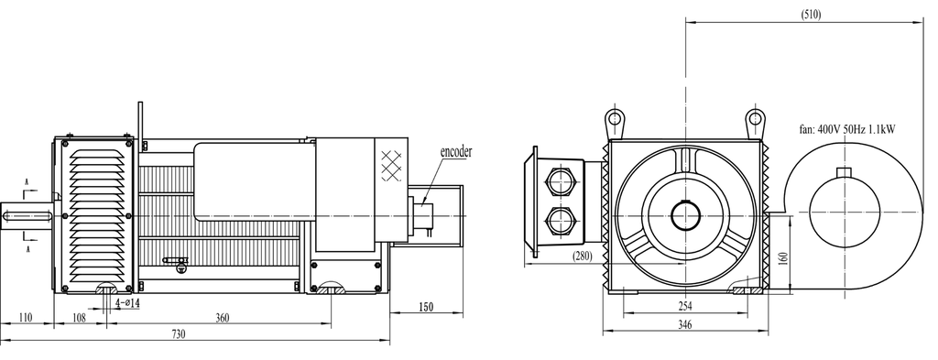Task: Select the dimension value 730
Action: click(179, 334)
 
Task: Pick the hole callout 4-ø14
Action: click(121, 303)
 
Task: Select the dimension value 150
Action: click(426, 307)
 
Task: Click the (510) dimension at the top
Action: click(811, 15)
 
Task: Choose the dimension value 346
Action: click(684, 325)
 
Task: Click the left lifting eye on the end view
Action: click(614, 119)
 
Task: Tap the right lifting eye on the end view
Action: click(754, 119)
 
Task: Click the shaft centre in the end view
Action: click(685, 215)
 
